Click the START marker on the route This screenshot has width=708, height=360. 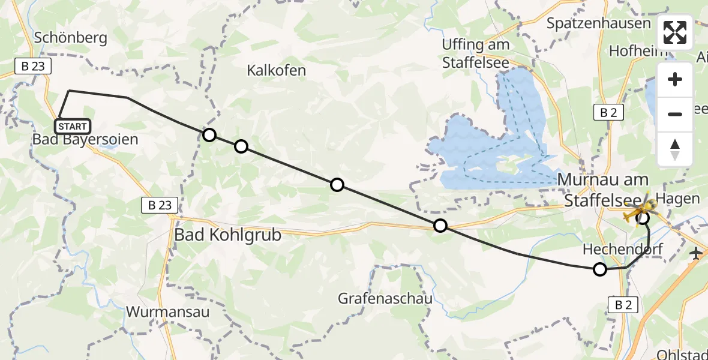(x=73, y=127)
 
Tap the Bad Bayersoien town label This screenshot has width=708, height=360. (x=86, y=140)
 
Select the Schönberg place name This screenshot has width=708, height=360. (x=71, y=38)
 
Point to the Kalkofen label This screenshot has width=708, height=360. (x=276, y=70)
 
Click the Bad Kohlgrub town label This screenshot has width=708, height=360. (x=227, y=235)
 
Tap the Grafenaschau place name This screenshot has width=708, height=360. (x=384, y=298)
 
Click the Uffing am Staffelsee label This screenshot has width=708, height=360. (x=476, y=53)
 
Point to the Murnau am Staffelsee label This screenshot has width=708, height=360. (x=603, y=188)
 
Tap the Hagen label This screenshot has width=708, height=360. (x=678, y=199)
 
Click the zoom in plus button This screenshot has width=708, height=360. (x=675, y=79)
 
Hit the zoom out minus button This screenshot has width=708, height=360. (x=675, y=114)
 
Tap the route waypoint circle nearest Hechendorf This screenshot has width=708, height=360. (x=599, y=269)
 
